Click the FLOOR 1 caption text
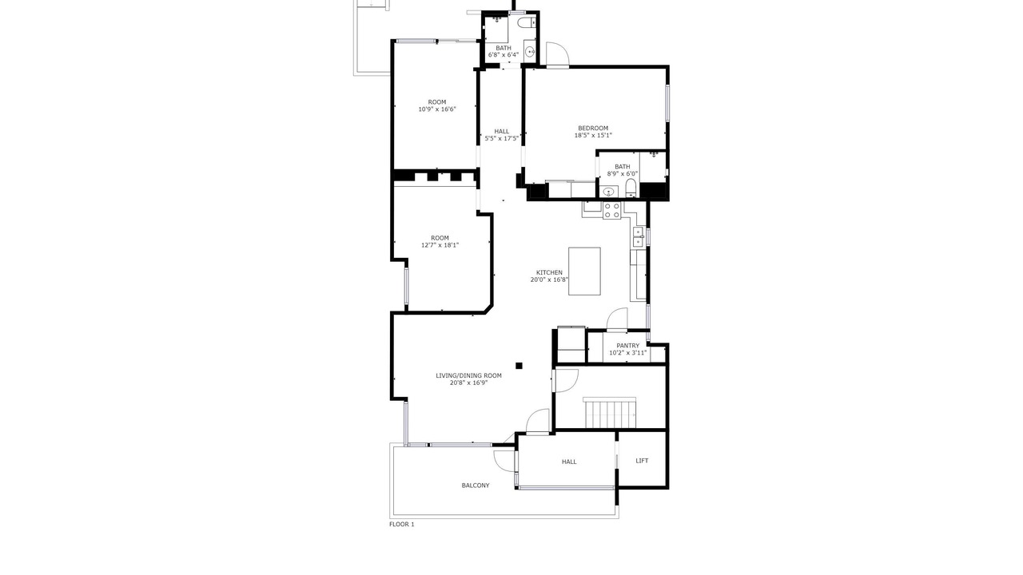(401, 525)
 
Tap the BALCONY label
(476, 486)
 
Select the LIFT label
(642, 461)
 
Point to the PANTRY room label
(628, 346)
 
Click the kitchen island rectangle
(584, 271)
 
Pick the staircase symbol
(610, 413)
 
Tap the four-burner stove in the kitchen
(612, 210)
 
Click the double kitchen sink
(638, 237)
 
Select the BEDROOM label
(593, 129)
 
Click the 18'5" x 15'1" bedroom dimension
(593, 135)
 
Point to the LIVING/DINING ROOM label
(468, 375)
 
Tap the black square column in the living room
(519, 366)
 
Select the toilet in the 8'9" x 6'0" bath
(631, 188)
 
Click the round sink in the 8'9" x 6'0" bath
(608, 192)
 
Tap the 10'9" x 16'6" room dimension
(437, 109)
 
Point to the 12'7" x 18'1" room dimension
(440, 245)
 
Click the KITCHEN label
(549, 272)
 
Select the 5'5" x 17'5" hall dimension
(501, 138)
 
